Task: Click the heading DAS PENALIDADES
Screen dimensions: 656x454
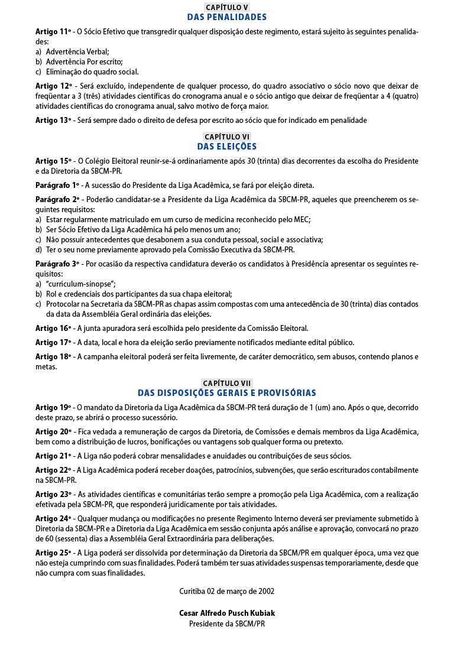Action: tap(227, 17)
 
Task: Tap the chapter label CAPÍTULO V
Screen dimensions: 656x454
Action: tap(227, 7)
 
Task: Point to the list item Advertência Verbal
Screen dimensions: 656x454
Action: tap(77, 51)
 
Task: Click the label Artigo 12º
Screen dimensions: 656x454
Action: tap(53, 86)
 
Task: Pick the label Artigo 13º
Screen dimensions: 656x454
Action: tap(53, 121)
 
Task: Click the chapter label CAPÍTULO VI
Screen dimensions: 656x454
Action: tap(227, 137)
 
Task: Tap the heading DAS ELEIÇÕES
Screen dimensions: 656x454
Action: tap(227, 147)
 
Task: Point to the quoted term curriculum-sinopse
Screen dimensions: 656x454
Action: tap(81, 284)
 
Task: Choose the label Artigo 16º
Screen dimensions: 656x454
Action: tap(53, 328)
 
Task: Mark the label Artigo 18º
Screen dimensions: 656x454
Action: tap(53, 356)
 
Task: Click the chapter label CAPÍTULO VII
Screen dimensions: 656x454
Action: tap(227, 383)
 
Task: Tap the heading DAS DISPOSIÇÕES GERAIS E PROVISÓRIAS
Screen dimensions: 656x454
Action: tap(227, 393)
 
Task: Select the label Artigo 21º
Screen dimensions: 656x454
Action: tap(53, 456)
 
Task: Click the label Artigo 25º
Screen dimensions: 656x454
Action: tap(53, 553)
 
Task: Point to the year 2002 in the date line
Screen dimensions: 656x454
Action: tap(265, 591)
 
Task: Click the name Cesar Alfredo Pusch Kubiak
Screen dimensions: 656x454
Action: tap(227, 613)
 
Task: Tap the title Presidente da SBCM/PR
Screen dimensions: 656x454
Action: tap(227, 623)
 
